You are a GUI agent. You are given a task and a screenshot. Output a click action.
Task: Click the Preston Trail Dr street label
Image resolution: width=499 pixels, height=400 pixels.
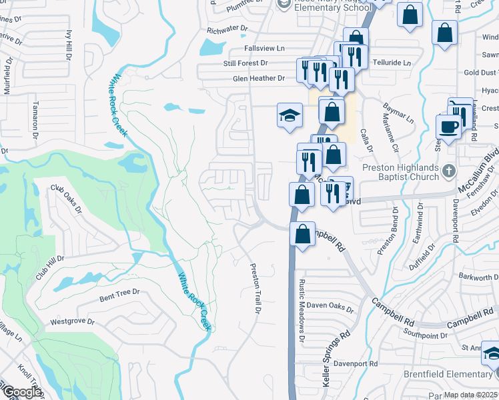pyautogui.click(x=254, y=289)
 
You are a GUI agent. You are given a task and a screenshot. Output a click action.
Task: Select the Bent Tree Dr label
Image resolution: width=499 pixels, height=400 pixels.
pyautogui.click(x=119, y=292)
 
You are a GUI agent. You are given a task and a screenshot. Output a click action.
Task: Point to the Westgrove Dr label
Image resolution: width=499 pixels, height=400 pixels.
pyautogui.click(x=71, y=321)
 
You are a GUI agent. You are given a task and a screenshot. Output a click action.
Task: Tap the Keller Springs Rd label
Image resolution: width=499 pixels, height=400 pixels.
pyautogui.click(x=336, y=359)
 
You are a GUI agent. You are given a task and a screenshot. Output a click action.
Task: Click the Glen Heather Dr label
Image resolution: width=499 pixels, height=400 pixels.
pyautogui.click(x=258, y=79)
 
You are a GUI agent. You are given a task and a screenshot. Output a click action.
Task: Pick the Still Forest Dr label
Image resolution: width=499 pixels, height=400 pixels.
pyautogui.click(x=245, y=63)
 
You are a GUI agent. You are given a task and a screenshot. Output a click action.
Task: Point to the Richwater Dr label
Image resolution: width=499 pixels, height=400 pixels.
pyautogui.click(x=227, y=30)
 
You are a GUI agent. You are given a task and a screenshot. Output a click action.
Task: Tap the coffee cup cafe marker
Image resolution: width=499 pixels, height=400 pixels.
pyautogui.click(x=449, y=127)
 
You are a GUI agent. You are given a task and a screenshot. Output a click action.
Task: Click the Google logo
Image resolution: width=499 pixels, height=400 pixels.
pyautogui.click(x=21, y=392)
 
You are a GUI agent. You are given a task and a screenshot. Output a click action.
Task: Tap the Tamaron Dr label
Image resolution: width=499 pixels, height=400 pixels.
pyautogui.click(x=36, y=116)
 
